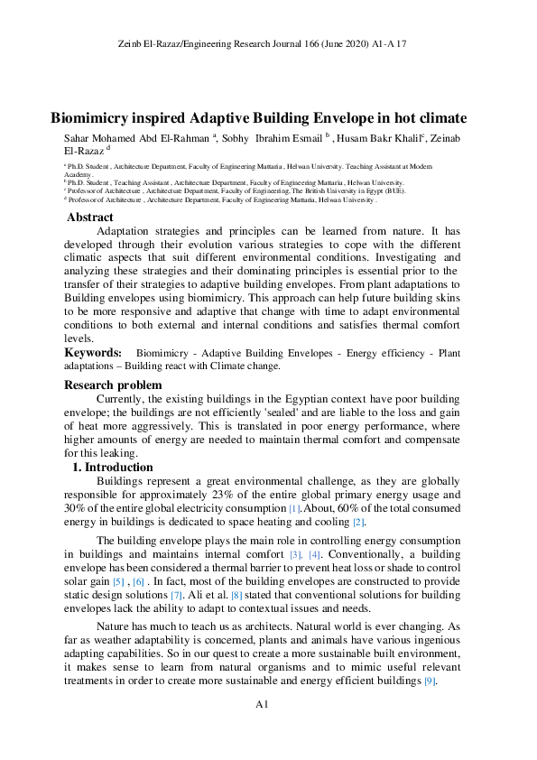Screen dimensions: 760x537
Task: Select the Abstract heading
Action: pos(90,218)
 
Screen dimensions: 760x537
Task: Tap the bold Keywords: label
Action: pos(93,352)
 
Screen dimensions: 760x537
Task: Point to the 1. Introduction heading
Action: pos(113,468)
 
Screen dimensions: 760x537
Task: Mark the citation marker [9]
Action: pos(431,681)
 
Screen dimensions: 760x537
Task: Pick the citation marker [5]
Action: pos(118,582)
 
